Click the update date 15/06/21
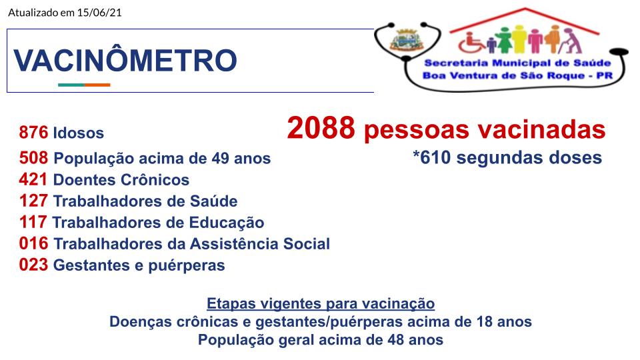pyautogui.click(x=99, y=12)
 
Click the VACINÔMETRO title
pyautogui.click(x=125, y=61)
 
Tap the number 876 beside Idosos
pyautogui.click(x=33, y=133)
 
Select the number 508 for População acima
pyautogui.click(x=33, y=158)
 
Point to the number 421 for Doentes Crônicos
pyautogui.click(x=33, y=179)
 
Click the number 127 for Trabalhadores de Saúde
pyautogui.click(x=33, y=201)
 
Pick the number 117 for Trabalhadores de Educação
pyautogui.click(x=33, y=222)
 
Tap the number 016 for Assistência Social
pyautogui.click(x=33, y=243)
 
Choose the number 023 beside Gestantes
pyautogui.click(x=33, y=265)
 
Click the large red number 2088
pyautogui.click(x=321, y=128)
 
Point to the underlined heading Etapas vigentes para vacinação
pyautogui.click(x=321, y=304)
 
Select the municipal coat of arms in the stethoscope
pyautogui.click(x=405, y=40)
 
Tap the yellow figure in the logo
pyautogui.click(x=519, y=39)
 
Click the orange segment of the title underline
pyautogui.click(x=97, y=85)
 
